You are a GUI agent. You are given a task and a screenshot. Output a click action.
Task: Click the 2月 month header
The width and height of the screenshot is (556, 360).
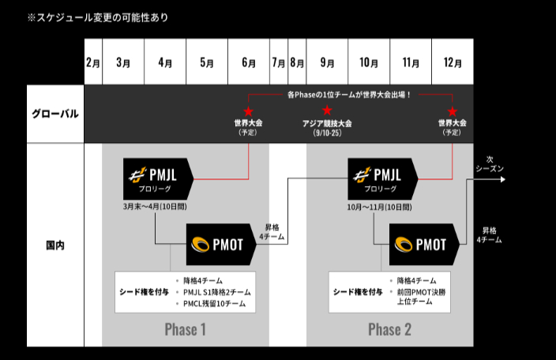click(93, 62)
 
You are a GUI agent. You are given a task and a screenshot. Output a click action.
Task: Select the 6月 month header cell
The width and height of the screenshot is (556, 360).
click(248, 62)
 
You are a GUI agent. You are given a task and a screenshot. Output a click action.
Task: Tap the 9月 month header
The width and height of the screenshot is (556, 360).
click(327, 62)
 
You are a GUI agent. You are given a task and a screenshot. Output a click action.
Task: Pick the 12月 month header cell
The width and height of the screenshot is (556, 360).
click(452, 62)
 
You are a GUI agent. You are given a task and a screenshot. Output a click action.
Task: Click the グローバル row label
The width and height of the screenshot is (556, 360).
click(55, 114)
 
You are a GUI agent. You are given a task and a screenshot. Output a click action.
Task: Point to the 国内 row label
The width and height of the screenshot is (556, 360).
click(55, 245)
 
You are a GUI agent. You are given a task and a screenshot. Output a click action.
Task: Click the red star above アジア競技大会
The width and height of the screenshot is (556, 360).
click(327, 111)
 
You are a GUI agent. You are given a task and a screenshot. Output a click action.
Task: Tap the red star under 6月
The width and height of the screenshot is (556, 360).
click(248, 111)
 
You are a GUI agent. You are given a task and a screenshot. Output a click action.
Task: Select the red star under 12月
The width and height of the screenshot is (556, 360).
click(452, 111)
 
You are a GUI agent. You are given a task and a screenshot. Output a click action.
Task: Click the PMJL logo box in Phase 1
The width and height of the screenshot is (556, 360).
click(158, 178)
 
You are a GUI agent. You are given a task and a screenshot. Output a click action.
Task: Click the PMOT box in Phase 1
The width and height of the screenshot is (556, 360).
click(220, 245)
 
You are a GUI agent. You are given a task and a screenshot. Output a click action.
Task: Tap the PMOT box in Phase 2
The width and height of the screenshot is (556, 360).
click(424, 245)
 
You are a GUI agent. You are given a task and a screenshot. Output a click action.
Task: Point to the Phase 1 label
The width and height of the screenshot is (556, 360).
click(186, 329)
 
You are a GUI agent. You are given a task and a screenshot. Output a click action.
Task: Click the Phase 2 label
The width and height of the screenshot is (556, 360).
click(389, 329)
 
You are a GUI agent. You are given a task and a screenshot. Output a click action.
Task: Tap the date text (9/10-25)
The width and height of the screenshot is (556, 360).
click(327, 133)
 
